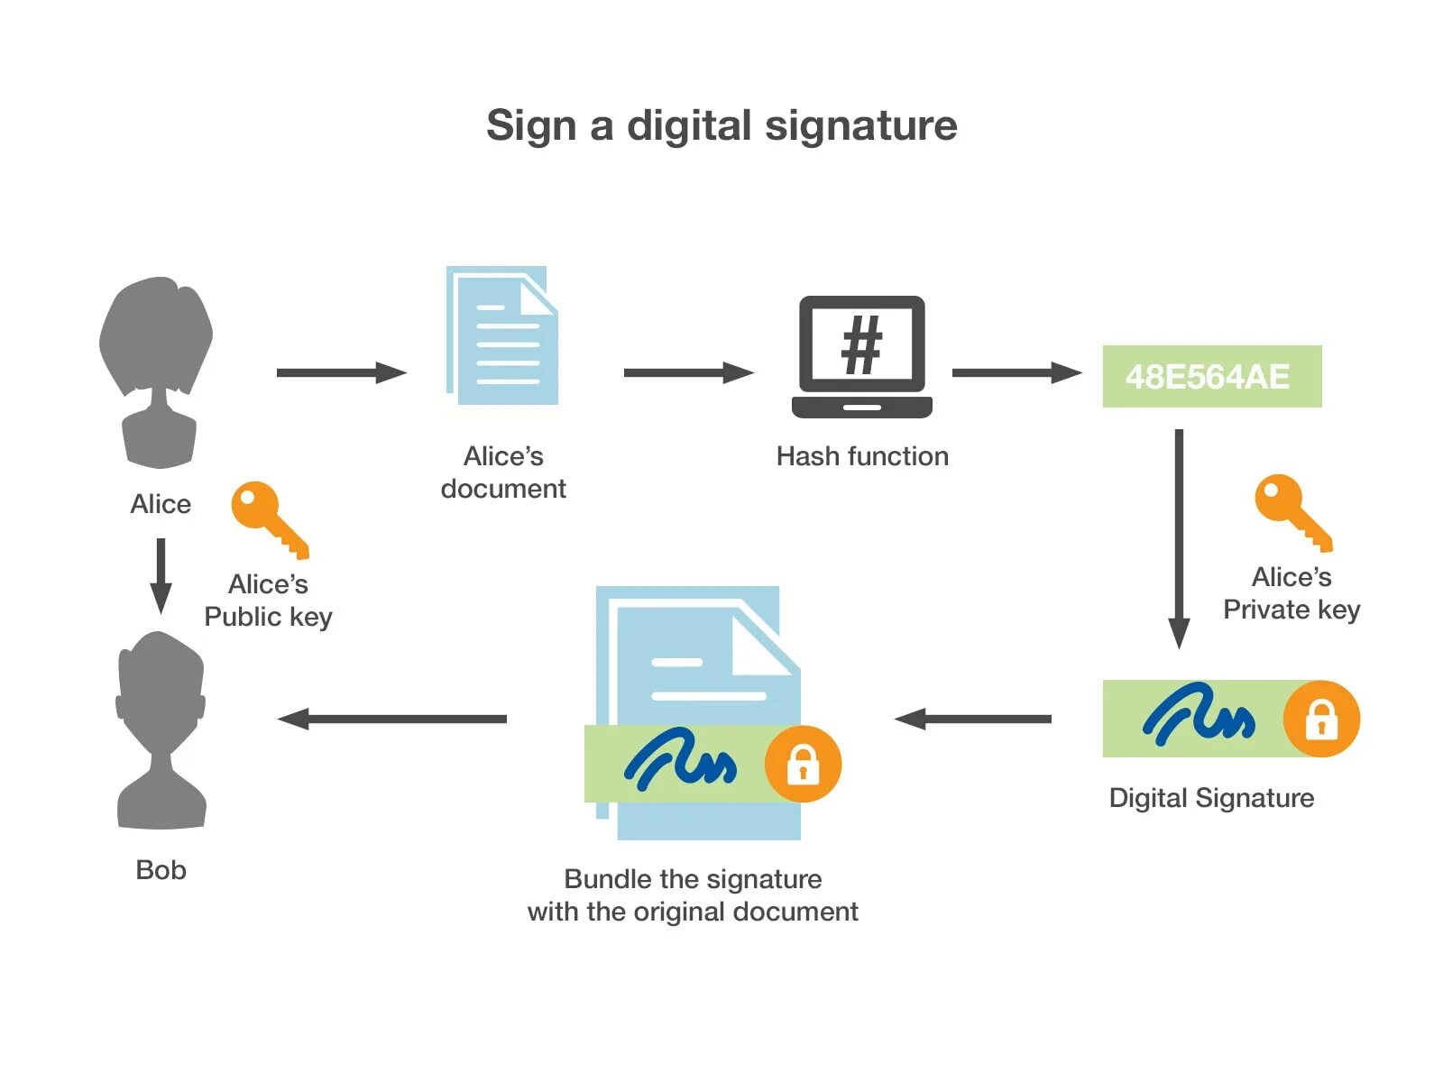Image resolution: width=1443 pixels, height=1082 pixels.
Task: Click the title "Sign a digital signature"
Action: click(x=721, y=125)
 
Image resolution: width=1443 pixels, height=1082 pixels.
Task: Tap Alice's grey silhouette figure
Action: click(x=158, y=370)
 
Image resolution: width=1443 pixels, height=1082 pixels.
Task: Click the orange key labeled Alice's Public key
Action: click(x=268, y=518)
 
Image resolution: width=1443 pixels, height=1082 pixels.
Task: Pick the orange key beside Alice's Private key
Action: click(x=1291, y=510)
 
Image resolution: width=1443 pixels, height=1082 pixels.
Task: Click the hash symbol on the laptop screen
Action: click(x=861, y=345)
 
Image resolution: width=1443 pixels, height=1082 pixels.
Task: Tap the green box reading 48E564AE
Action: click(x=1211, y=376)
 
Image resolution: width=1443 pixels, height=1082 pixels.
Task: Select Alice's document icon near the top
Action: click(x=502, y=335)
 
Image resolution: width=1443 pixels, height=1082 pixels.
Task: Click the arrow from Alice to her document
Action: click(x=341, y=372)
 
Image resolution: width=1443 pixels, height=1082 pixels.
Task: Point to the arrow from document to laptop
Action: click(x=688, y=372)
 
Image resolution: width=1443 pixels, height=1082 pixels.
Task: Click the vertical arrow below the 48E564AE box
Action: click(x=1179, y=538)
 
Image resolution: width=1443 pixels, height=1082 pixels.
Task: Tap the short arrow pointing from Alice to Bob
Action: click(x=161, y=575)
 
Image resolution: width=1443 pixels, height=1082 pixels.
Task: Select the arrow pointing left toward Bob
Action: click(x=392, y=719)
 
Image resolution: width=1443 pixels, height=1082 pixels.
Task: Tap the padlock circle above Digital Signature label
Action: click(x=1321, y=719)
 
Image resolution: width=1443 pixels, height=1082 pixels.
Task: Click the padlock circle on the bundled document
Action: click(x=803, y=764)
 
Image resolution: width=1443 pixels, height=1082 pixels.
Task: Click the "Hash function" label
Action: click(x=862, y=456)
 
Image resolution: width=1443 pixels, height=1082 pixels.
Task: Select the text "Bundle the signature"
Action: click(x=693, y=879)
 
